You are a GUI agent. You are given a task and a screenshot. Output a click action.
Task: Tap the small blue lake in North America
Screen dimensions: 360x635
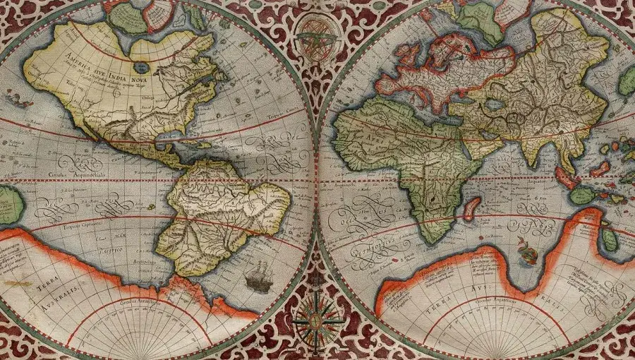click(142, 67)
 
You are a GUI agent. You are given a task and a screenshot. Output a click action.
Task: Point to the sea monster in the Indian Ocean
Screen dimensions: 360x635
click(524, 248)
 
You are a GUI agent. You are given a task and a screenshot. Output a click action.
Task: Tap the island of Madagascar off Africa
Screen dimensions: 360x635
click(471, 208)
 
